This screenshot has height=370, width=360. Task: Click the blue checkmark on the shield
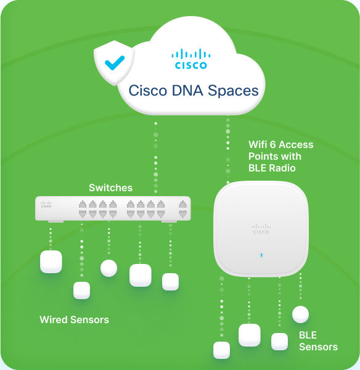click(x=115, y=63)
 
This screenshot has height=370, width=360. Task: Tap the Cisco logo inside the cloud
click(x=191, y=59)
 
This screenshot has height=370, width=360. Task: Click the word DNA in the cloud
click(x=187, y=91)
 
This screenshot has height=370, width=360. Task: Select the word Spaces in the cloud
click(x=233, y=91)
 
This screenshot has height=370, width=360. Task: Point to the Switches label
click(x=110, y=188)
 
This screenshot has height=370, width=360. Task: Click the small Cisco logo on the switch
click(x=46, y=204)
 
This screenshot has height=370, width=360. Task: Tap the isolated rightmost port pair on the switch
click(x=182, y=209)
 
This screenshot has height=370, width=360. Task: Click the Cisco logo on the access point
click(x=261, y=229)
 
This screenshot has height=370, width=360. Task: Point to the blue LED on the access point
click(x=261, y=255)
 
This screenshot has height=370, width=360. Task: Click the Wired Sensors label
click(x=75, y=319)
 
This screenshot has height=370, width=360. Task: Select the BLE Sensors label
click(x=318, y=341)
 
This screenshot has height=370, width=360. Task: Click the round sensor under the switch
click(x=108, y=268)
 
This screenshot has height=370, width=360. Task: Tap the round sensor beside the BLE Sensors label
click(x=300, y=314)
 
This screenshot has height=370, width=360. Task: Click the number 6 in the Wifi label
click(x=272, y=145)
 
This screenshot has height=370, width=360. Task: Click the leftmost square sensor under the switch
click(x=51, y=261)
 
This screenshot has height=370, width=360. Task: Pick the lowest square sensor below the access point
click(x=221, y=350)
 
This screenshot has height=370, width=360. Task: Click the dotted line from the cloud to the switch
click(x=156, y=157)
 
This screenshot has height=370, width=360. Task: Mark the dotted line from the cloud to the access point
click(x=228, y=151)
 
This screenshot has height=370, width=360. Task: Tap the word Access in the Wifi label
click(x=296, y=145)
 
